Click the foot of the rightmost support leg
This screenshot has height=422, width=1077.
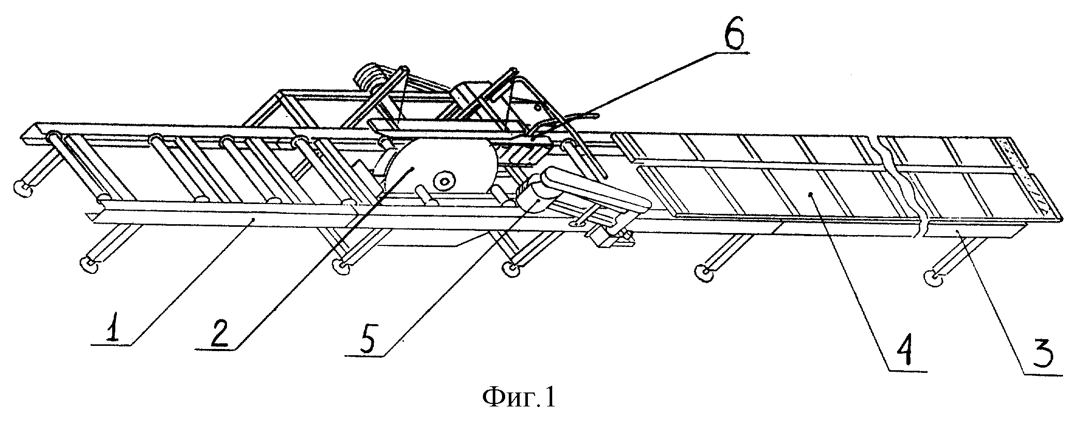(934, 280)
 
